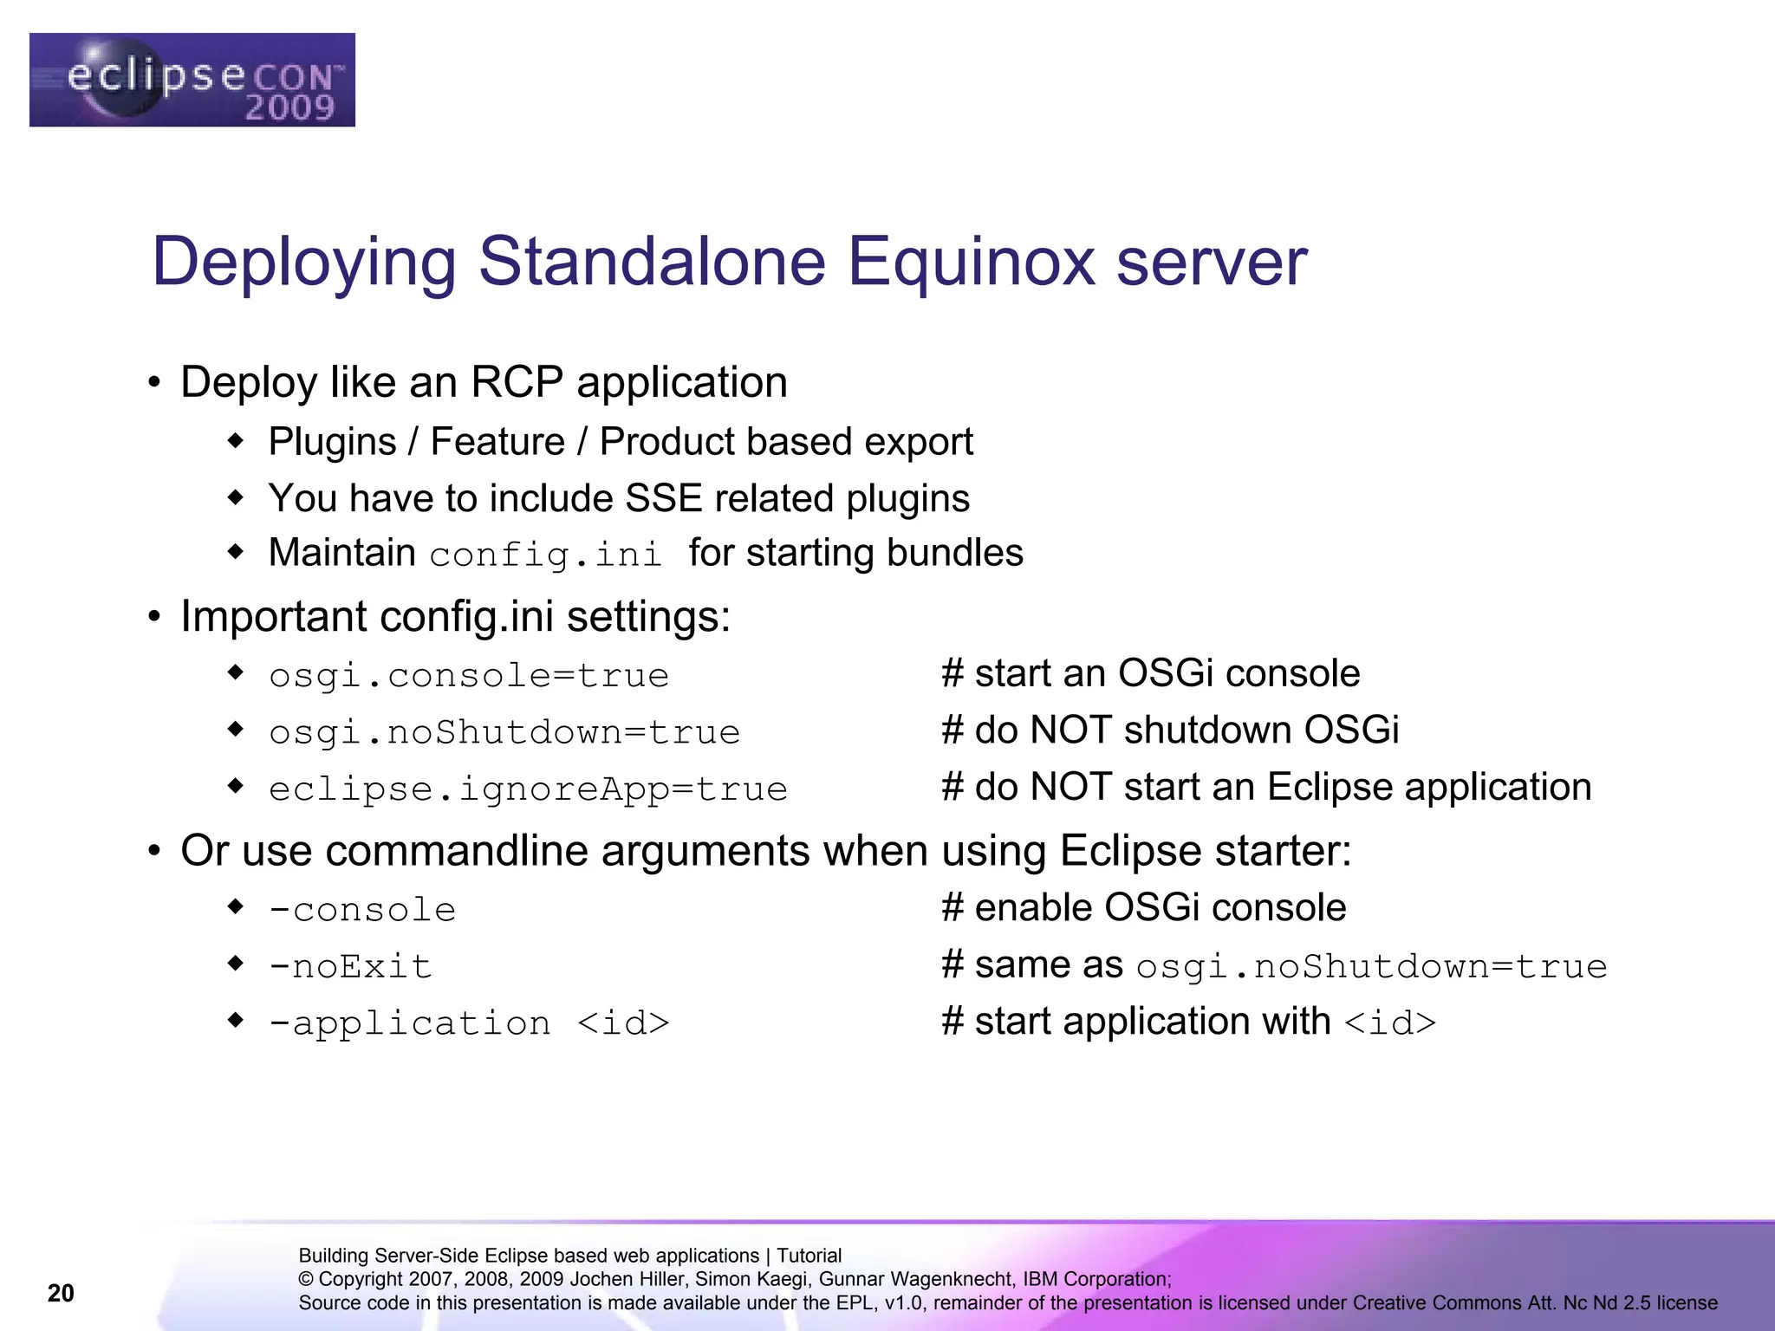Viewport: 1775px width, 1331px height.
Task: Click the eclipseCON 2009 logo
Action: [x=192, y=80]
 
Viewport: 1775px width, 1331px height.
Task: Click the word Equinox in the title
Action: [x=971, y=262]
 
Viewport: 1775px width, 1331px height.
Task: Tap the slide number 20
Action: [x=61, y=1293]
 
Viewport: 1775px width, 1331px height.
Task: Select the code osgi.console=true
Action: [x=469, y=676]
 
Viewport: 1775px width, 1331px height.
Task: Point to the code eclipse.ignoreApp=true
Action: [x=528, y=789]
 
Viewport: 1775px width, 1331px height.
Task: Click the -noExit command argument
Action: [x=350, y=966]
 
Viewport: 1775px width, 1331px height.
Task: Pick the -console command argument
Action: [x=362, y=910]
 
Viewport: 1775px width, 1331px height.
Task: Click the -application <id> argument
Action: [x=469, y=1023]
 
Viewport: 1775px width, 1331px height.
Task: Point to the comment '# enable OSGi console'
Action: [x=1144, y=908]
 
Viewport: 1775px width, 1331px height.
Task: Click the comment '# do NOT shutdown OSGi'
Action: [x=1170, y=730]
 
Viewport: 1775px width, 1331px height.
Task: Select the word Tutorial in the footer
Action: [x=809, y=1256]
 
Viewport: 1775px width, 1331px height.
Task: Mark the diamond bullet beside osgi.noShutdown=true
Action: [x=236, y=729]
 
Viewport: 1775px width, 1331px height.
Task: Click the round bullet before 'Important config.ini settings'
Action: [x=154, y=617]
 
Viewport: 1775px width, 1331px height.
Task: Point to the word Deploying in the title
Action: [x=304, y=262]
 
